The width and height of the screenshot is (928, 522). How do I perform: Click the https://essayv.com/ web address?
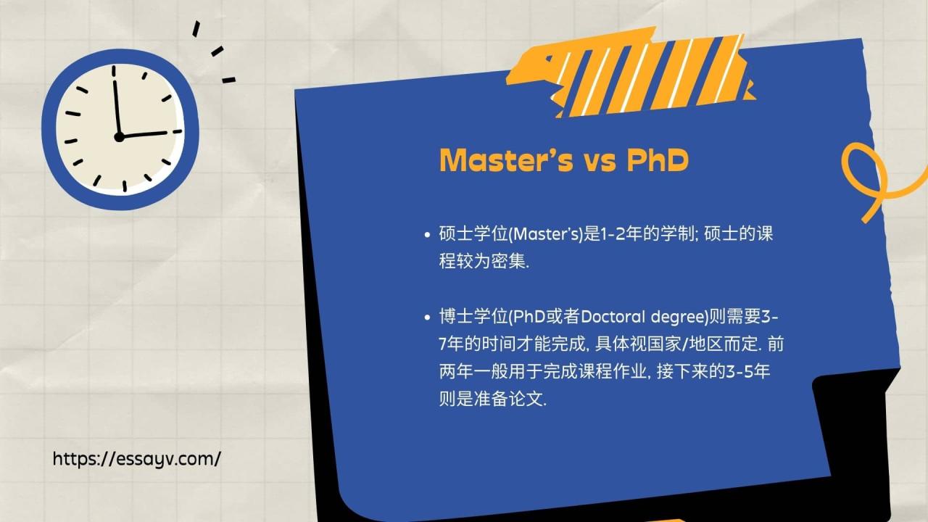point(137,459)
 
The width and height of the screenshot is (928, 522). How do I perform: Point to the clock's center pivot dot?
point(119,136)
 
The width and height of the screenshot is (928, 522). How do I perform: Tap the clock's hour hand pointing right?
point(151,134)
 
